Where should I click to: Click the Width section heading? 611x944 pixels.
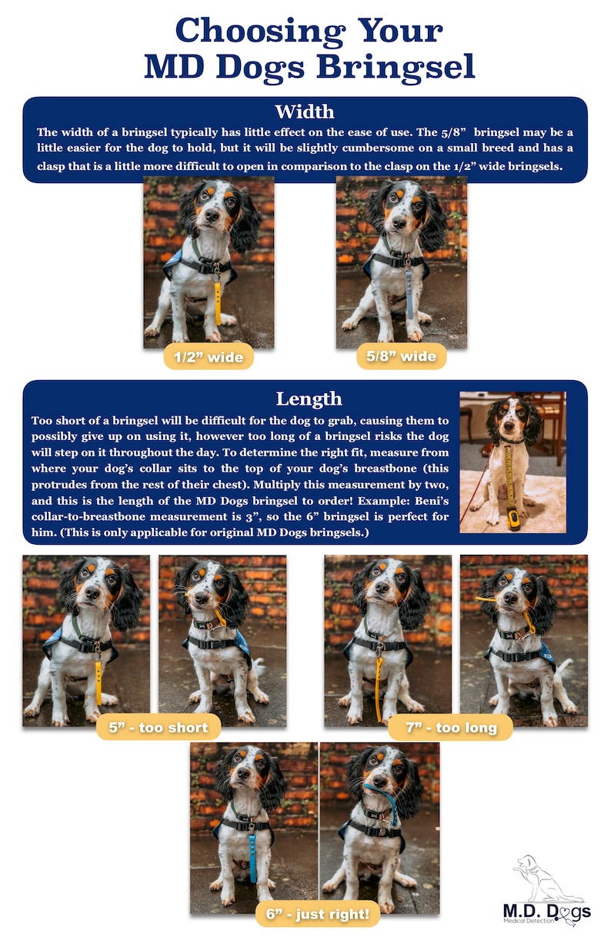point(305,112)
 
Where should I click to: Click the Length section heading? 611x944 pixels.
point(309,399)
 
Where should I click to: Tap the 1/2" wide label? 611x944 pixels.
point(209,357)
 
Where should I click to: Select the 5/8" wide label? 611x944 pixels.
point(401,356)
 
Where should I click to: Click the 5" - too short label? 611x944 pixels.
point(159,727)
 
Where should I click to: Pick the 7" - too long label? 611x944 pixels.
point(450,727)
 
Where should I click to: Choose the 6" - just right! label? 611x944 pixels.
point(318,914)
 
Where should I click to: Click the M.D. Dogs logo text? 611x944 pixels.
point(546,912)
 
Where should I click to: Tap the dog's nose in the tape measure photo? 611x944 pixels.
point(510,427)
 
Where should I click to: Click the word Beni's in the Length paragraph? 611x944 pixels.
point(432,501)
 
